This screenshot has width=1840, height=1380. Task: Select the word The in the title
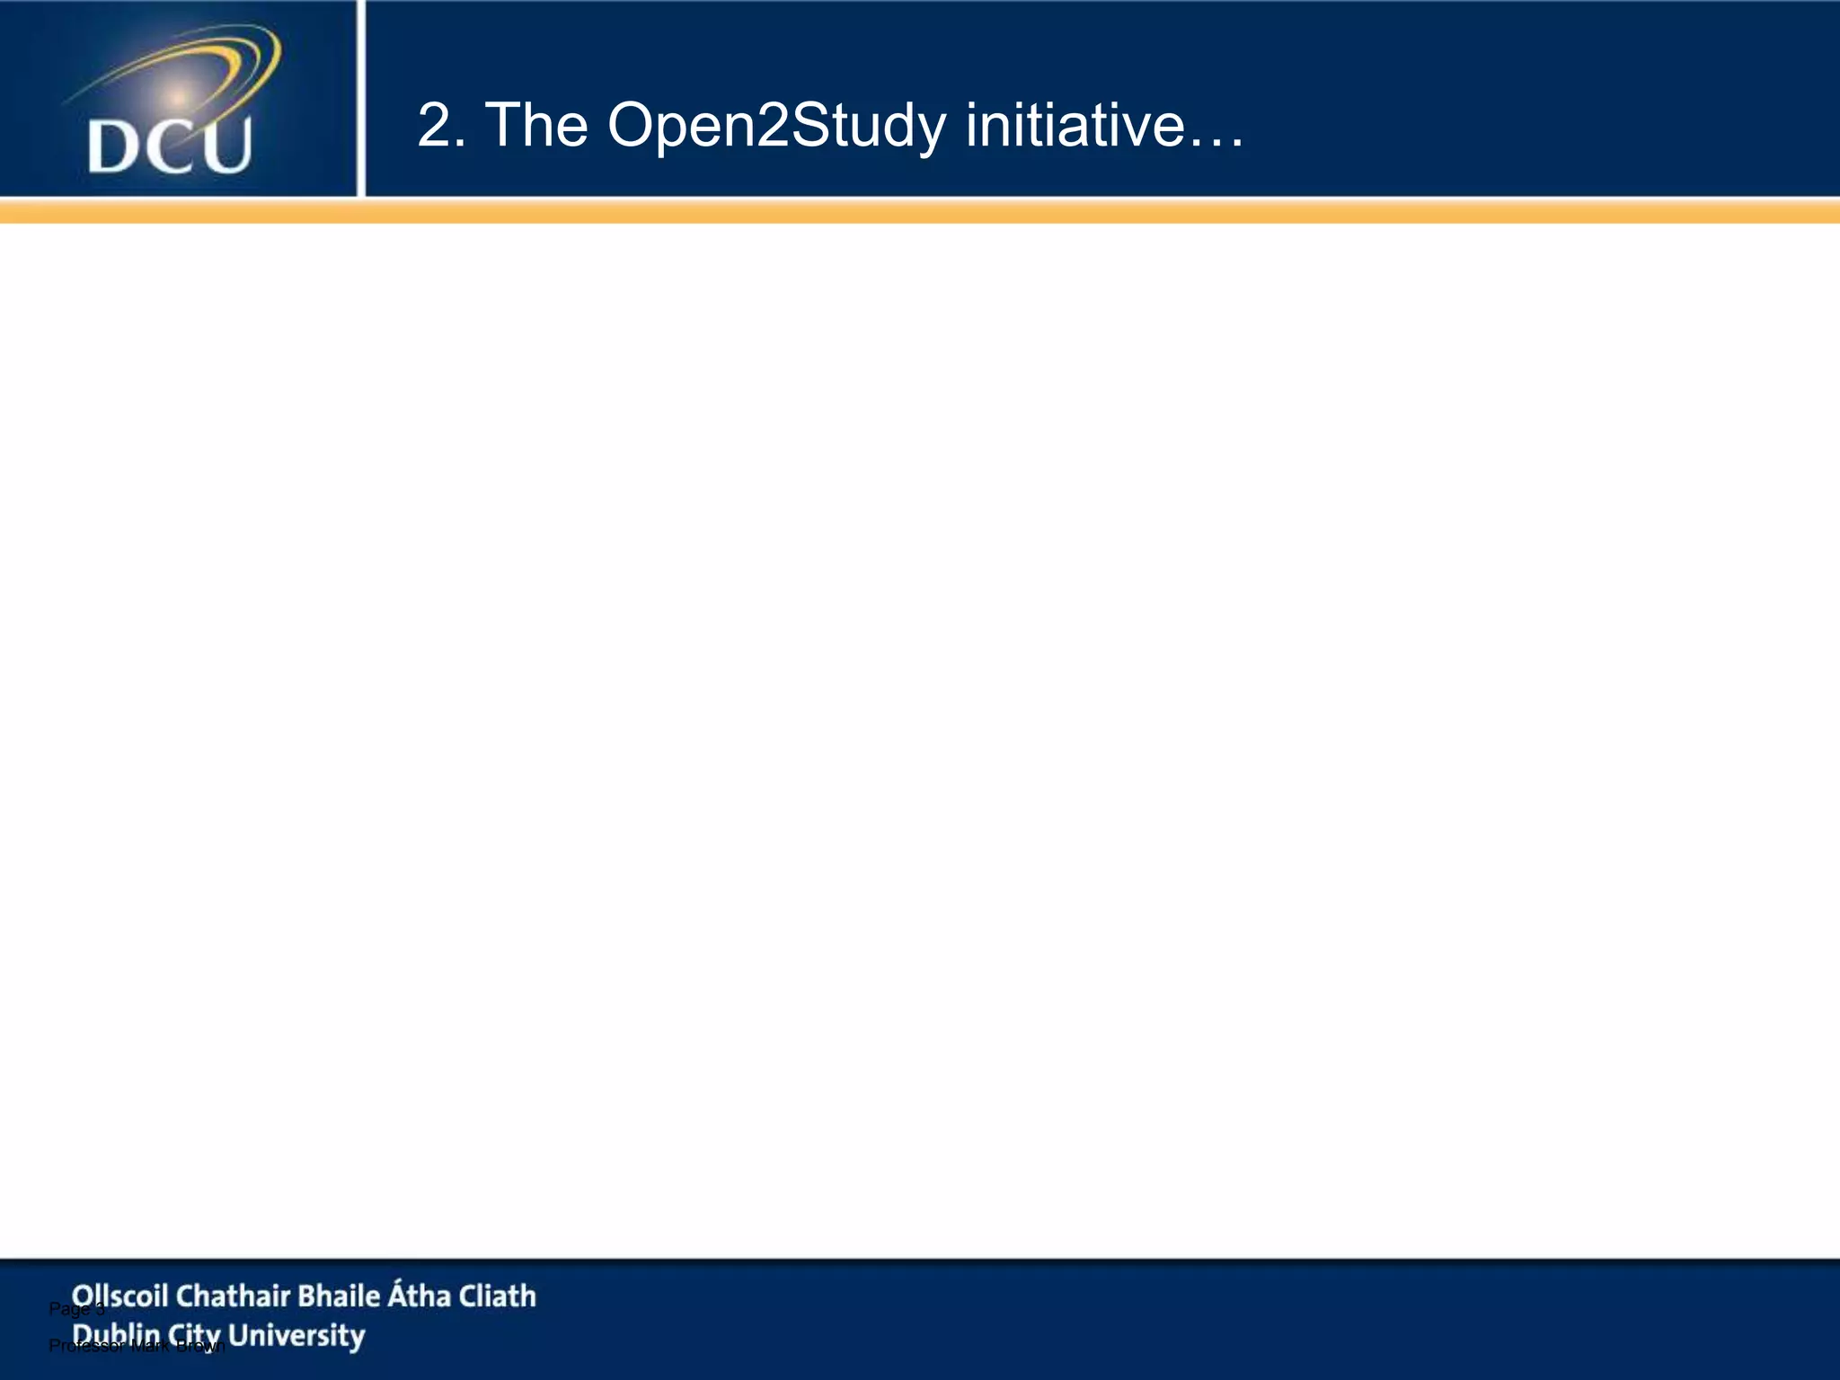pos(536,125)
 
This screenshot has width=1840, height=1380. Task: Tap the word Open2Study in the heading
pos(776,127)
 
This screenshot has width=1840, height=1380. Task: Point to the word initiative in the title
pos(1075,125)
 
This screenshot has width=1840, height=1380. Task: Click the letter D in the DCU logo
pos(114,147)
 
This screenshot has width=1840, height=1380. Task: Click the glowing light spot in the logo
pos(179,94)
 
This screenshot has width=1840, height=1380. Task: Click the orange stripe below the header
pos(920,211)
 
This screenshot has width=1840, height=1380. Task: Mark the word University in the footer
pos(296,1336)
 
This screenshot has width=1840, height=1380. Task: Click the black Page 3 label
pos(76,1309)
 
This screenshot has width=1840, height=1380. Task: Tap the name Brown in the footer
pos(200,1346)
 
